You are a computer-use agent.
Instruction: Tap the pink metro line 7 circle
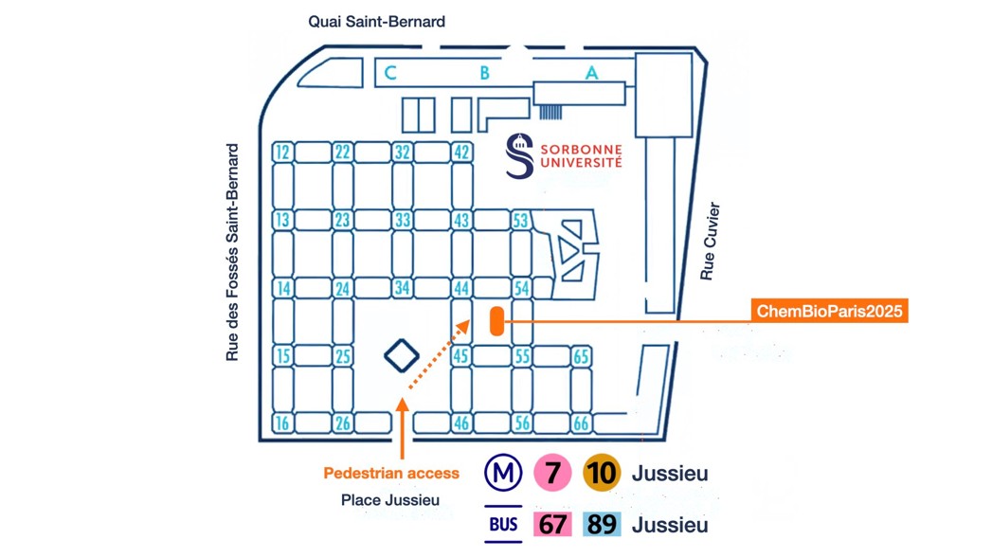coord(551,473)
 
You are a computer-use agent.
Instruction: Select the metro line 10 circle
coord(602,473)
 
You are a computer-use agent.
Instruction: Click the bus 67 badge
coord(551,524)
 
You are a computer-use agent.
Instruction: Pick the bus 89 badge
coord(602,524)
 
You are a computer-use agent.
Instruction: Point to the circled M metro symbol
coord(502,473)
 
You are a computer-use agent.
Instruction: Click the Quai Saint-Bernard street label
coord(376,21)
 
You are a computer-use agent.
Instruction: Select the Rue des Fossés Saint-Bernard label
coord(232,252)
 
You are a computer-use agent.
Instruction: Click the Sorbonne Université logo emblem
coord(519,156)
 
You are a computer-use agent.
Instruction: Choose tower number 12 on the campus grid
coord(282,153)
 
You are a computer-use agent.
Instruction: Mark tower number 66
coord(581,423)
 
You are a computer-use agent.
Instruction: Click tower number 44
coord(461,288)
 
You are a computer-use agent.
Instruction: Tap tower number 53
coord(520,221)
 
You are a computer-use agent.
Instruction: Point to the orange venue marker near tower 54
coord(496,321)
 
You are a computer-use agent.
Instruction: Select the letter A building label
coord(592,73)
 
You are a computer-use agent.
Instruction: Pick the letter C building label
coord(390,73)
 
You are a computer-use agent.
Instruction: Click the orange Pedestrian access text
coord(391,473)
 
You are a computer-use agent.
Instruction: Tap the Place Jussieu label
coord(390,500)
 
